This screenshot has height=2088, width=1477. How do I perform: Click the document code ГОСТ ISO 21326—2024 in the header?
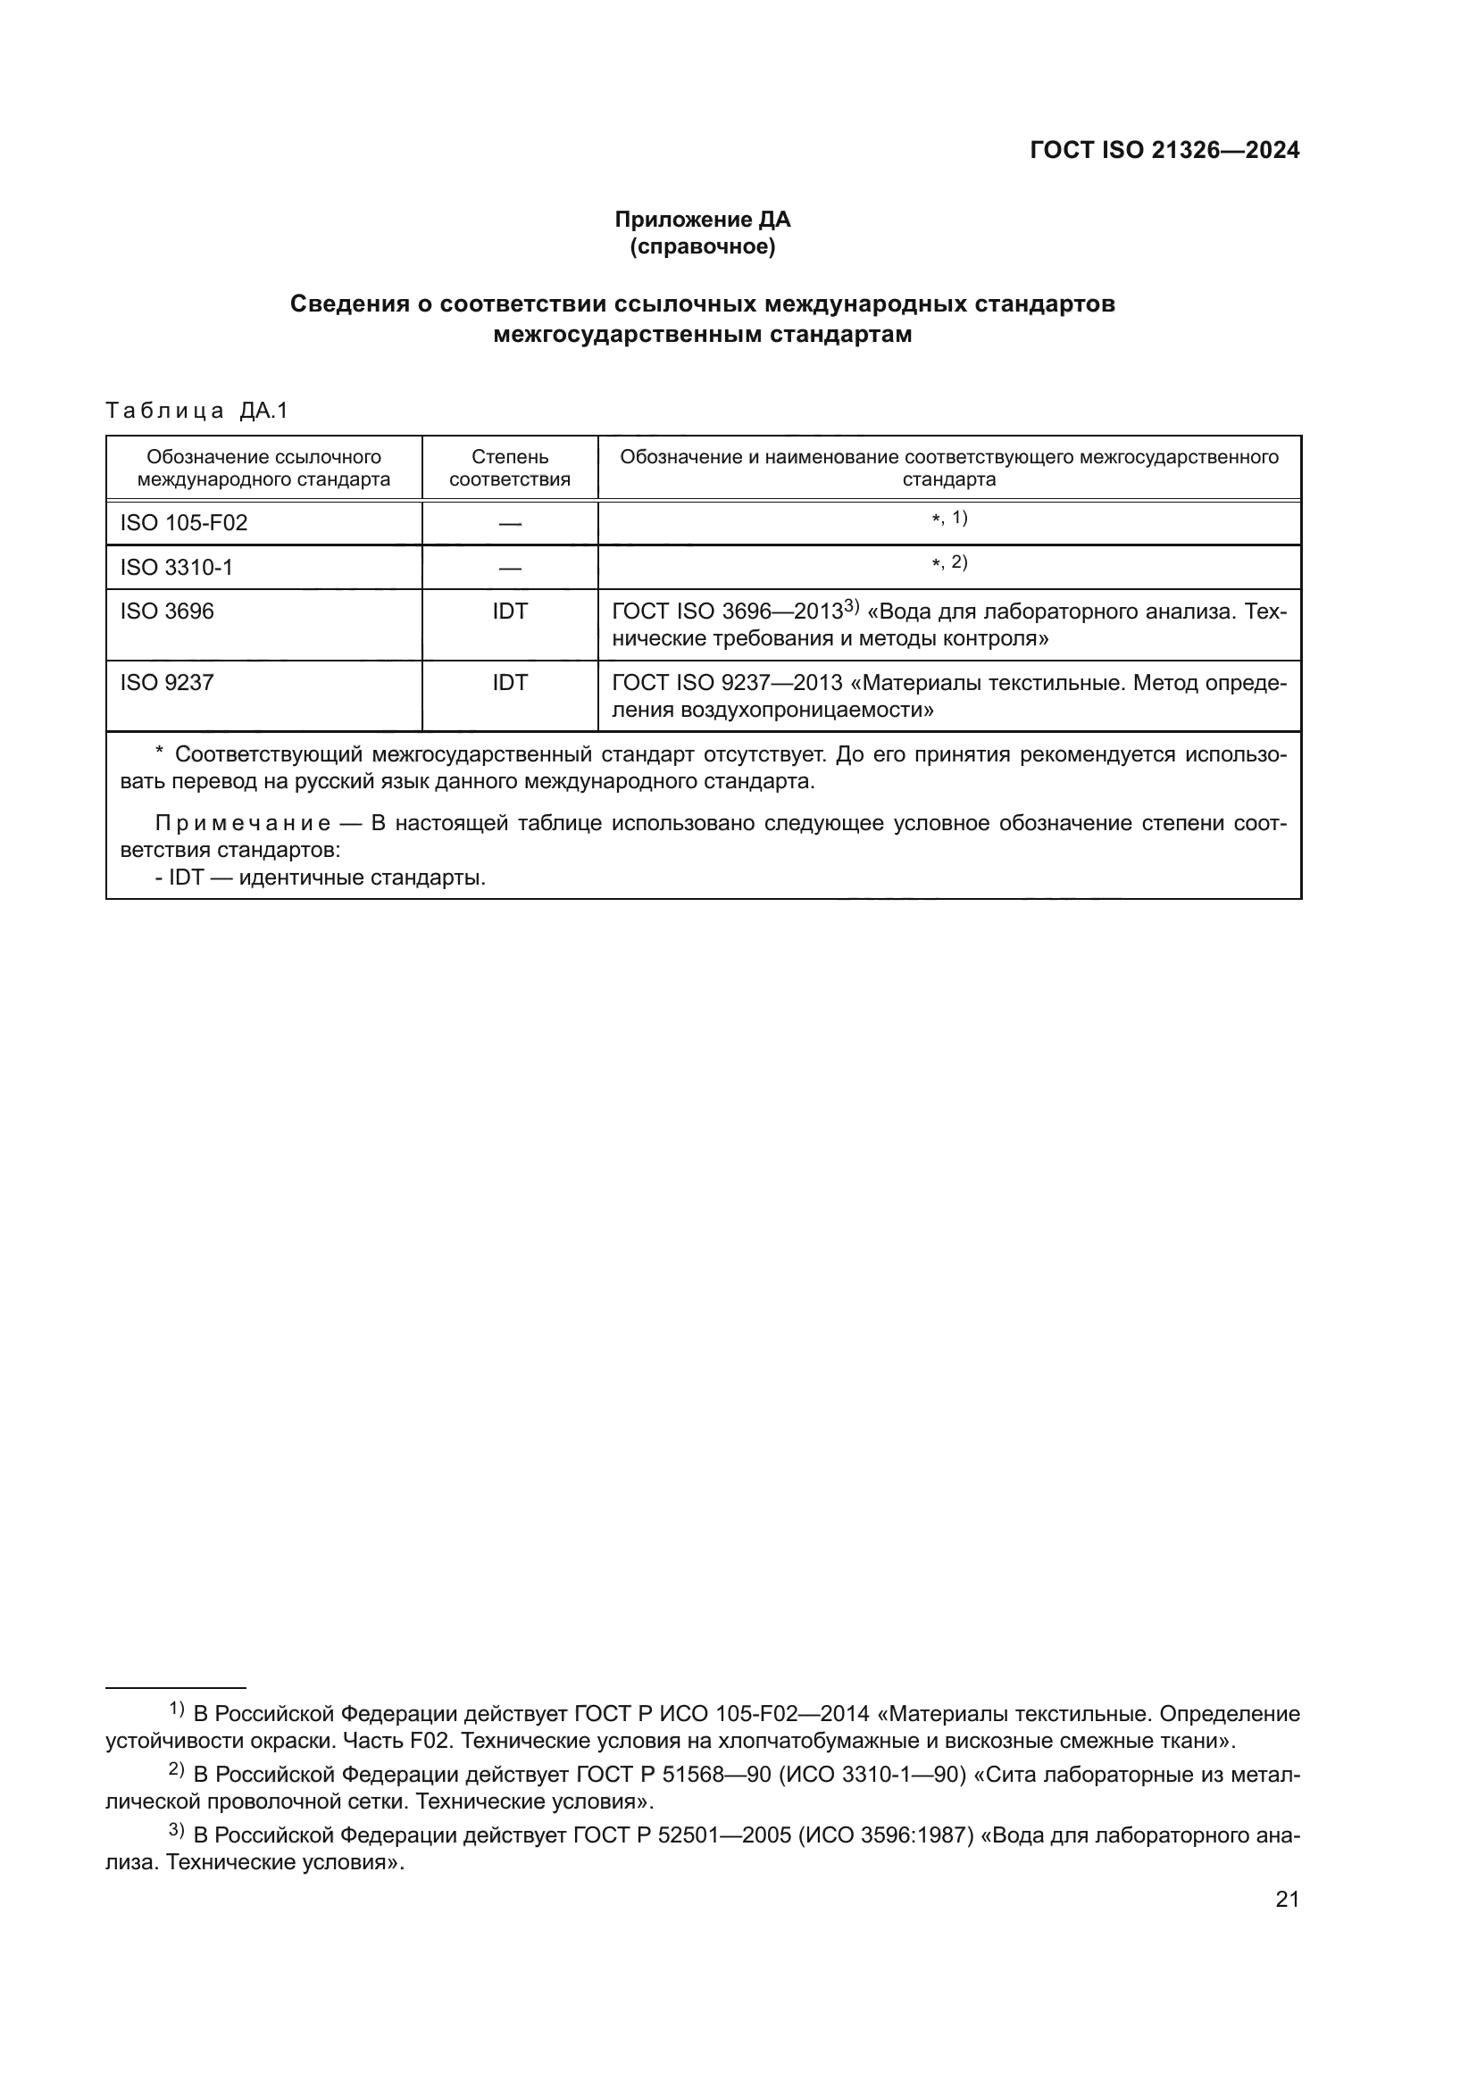1164,151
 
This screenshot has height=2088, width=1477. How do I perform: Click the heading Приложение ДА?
702,220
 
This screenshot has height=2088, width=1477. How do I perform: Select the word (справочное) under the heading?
702,246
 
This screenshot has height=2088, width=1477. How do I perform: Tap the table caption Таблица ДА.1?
196,411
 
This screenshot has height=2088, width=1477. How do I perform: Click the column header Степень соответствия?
509,469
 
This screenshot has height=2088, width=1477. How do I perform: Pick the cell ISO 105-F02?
184,523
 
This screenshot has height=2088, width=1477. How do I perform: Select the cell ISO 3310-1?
177,568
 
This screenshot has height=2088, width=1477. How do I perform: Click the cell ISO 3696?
167,611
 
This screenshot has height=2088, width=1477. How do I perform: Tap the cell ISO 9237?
167,683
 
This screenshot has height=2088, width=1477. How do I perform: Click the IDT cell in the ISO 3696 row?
509,611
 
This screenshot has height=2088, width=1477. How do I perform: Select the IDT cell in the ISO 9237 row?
509,683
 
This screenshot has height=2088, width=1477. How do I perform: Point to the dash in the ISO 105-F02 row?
509,524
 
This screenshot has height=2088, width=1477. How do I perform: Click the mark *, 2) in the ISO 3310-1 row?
949,563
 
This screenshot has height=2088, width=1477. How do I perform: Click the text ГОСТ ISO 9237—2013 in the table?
728,683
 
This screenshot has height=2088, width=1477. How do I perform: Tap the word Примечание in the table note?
243,824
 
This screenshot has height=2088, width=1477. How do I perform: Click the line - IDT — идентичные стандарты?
321,878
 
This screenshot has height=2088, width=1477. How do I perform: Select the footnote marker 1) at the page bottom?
177,1709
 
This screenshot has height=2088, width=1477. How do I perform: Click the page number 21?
1287,1900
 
